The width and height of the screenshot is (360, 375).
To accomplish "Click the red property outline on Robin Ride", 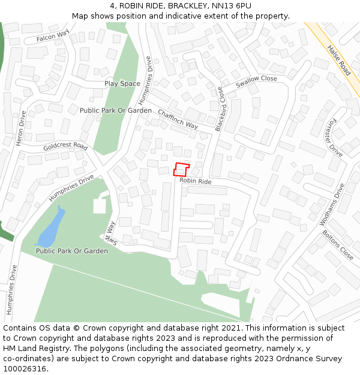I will (x=181, y=169).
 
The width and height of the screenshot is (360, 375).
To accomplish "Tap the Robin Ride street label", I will (x=196, y=181).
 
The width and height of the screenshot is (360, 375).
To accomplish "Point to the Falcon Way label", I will (x=53, y=38).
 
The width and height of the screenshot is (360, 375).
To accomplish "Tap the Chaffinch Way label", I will (x=178, y=119).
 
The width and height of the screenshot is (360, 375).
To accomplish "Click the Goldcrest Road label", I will (x=65, y=147).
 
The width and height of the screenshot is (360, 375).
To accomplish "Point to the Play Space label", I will (x=122, y=83).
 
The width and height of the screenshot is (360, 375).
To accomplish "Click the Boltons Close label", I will (x=338, y=244).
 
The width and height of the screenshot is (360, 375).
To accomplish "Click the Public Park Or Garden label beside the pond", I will (x=72, y=251).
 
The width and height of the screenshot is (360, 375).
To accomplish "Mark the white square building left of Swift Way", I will (x=100, y=206).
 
